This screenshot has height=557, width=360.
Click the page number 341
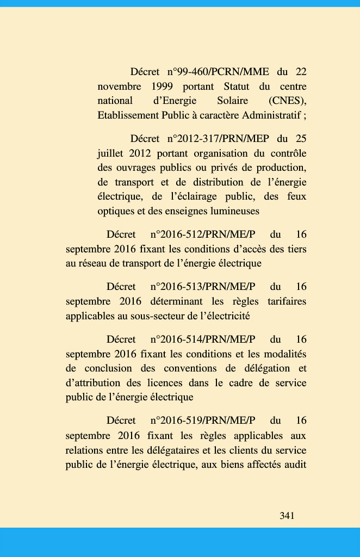click(287, 516)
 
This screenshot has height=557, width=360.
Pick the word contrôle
click(288, 153)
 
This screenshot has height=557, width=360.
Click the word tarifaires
click(287, 301)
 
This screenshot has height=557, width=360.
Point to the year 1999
click(162, 86)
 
